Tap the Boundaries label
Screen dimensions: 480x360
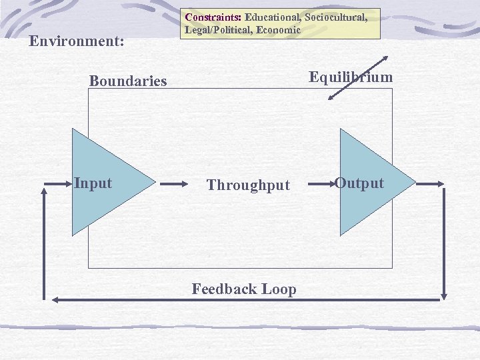click(128, 81)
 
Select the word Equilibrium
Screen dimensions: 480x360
click(351, 77)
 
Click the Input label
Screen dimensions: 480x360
click(93, 183)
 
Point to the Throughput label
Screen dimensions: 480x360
click(248, 185)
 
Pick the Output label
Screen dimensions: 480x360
click(360, 183)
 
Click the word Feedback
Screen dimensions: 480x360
click(224, 289)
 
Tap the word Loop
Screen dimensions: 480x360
click(279, 289)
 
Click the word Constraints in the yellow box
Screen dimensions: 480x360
click(213, 17)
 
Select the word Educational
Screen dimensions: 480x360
click(273, 17)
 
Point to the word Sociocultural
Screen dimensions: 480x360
click(336, 17)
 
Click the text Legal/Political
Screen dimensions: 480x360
click(213, 30)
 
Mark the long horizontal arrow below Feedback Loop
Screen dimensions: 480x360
click(247, 301)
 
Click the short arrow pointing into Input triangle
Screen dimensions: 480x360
click(57, 182)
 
